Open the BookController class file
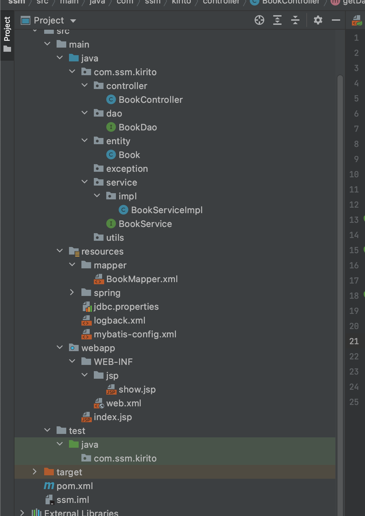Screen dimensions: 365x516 pos(150,100)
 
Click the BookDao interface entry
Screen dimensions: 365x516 pos(138,127)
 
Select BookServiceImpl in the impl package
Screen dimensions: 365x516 pos(167,210)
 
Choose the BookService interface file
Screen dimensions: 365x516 pos(145,224)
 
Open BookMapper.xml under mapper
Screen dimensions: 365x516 pos(142,279)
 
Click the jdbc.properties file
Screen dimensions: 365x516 pos(126,307)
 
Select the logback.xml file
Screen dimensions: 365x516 pos(119,320)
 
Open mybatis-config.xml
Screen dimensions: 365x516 pos(135,334)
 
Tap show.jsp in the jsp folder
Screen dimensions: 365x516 pos(137,389)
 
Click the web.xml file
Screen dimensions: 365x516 pos(124,403)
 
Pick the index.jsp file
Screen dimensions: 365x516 pos(112,417)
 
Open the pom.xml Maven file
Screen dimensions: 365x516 pos(75,486)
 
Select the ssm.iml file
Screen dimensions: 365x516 pos(72,500)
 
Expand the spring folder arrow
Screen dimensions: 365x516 pos(72,292)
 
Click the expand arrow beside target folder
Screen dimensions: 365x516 pos(34,472)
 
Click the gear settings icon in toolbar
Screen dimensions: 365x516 pos(318,20)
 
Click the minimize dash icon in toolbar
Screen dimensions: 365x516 pos(336,20)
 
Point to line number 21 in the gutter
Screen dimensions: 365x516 pos(354,341)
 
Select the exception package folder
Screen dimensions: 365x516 pos(127,169)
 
